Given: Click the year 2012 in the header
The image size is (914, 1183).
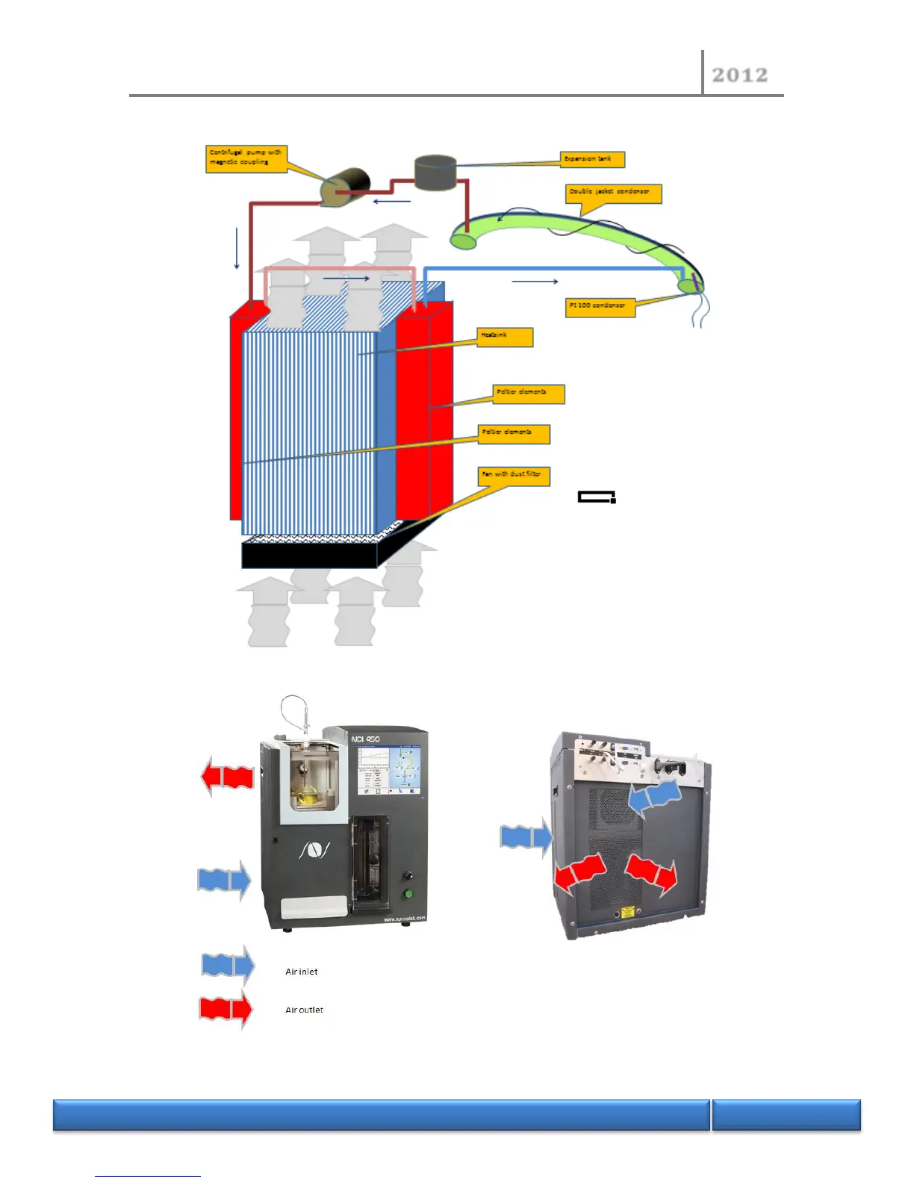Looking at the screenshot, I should tap(739, 75).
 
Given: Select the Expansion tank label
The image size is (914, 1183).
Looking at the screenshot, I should tap(592, 159).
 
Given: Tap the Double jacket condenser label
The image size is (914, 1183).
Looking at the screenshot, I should tap(613, 193).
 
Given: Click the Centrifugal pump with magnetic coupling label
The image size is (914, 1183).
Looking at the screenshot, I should tap(246, 158).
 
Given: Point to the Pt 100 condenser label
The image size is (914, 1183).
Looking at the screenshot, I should tap(600, 307).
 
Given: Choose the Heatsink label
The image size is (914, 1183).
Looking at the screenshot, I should tap(506, 337).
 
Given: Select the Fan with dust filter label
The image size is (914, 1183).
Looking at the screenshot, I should tap(514, 476).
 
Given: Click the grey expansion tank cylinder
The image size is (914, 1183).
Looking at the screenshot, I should tap(435, 172).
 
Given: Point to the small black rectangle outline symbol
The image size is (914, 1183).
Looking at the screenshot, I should tap(597, 497).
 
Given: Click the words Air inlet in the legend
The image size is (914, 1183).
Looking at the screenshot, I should tap(302, 972).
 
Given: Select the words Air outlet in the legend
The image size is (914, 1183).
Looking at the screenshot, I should tap(304, 1010).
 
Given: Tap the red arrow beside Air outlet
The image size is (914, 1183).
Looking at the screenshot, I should tap(226, 1010).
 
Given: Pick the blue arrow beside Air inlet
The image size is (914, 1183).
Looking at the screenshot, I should tap(228, 965).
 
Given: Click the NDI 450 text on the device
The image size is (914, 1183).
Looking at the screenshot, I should tap(365, 739).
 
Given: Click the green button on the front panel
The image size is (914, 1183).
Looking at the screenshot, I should tap(408, 893).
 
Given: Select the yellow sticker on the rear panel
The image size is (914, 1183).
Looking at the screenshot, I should tap(627, 912).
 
